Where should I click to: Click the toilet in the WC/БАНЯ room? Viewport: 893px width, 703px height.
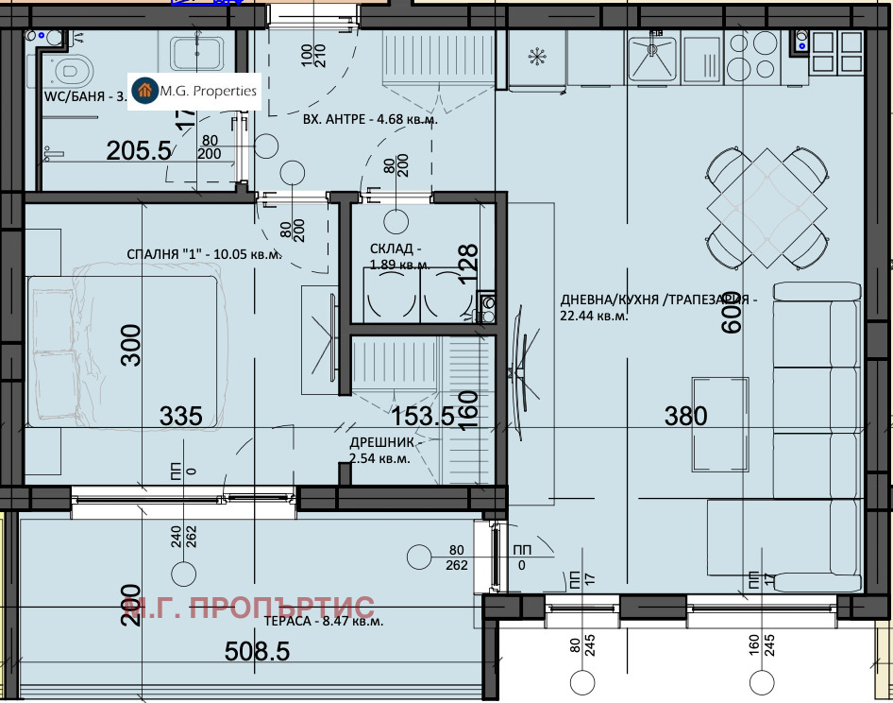pos(71,68)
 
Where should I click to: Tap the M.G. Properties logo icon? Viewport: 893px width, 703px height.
pos(145,91)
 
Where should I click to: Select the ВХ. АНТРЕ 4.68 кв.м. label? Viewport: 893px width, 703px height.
pos(370,120)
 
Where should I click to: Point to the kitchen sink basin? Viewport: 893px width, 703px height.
pos(650,59)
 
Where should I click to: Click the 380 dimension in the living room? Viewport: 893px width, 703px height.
pos(686,416)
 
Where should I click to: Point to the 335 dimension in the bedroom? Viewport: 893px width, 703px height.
pos(180,416)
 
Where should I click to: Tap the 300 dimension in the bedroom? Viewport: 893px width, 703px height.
pos(131,345)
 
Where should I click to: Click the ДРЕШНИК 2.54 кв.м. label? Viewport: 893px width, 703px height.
pos(379,450)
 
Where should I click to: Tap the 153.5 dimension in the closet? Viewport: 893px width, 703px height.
pos(422,416)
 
